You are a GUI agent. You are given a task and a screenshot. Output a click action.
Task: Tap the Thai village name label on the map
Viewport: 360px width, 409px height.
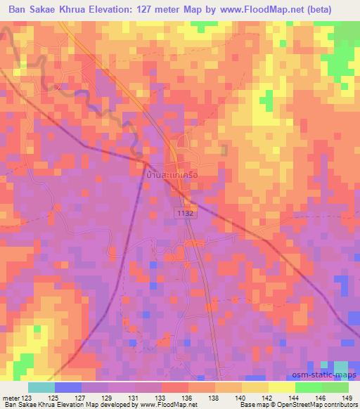tap(175, 171)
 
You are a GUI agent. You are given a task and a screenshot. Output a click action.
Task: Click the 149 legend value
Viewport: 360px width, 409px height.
tap(347, 397)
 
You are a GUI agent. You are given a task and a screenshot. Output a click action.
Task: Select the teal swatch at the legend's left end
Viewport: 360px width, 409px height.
tap(41, 387)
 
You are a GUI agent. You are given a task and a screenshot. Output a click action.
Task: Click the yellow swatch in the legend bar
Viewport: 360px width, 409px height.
tap(281, 387)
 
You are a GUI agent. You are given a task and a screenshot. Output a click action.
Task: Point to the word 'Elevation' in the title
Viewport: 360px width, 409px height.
tap(121, 9)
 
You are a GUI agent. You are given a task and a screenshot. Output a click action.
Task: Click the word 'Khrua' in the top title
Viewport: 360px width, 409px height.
tap(76, 9)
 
